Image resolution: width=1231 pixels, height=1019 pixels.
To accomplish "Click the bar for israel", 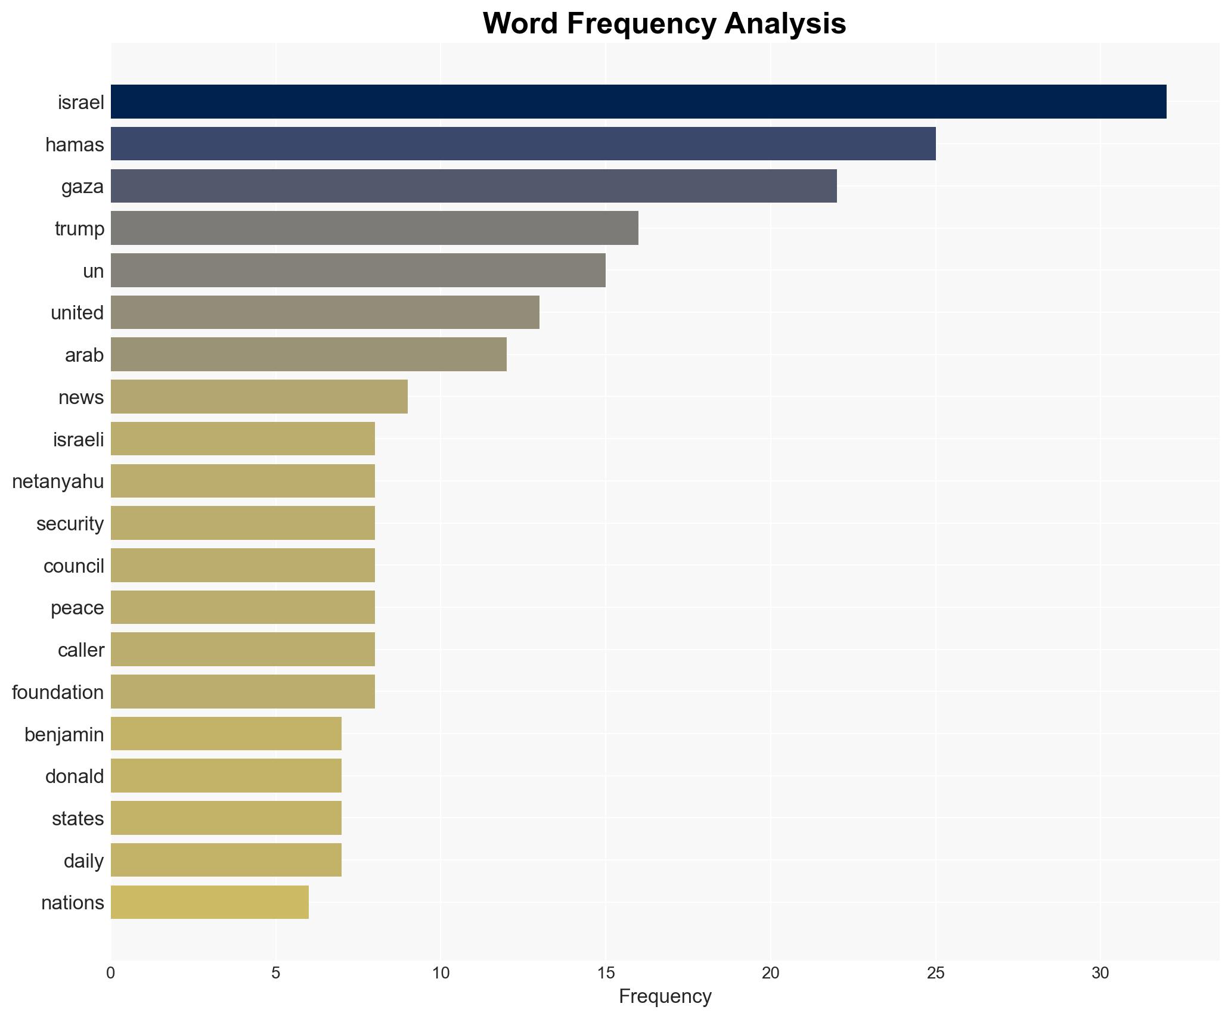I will (x=638, y=102).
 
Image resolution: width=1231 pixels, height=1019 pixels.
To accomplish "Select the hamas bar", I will (x=523, y=144).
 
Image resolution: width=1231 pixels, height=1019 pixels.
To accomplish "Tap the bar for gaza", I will (x=473, y=187).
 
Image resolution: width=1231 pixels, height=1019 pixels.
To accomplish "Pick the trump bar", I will (x=374, y=228).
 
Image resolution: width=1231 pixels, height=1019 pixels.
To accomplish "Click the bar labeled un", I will (x=358, y=271).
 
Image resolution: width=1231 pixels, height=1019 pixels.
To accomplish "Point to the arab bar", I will (x=308, y=355).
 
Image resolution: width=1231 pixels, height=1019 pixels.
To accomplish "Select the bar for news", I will (x=259, y=397).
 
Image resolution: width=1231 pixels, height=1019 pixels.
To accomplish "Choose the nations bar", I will (x=209, y=902).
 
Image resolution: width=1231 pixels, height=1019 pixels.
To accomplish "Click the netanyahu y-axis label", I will (x=58, y=481).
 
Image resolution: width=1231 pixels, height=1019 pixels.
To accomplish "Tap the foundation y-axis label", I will (x=58, y=692).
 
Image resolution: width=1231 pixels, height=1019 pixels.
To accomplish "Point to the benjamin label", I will (x=64, y=735).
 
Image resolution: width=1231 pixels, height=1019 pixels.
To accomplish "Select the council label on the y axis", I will (x=73, y=566).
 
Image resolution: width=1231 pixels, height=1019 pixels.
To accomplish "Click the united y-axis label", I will (x=77, y=313).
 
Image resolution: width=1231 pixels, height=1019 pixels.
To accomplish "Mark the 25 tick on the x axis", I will (x=935, y=973).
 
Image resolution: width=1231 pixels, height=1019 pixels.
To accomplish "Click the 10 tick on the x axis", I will (x=441, y=973).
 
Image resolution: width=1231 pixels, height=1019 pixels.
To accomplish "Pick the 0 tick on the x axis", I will (x=111, y=973).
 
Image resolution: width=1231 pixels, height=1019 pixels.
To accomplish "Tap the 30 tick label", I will (x=1100, y=973).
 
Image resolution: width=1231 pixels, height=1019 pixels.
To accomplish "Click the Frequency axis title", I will (x=665, y=996).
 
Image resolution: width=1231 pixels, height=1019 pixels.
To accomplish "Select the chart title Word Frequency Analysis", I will (x=664, y=24).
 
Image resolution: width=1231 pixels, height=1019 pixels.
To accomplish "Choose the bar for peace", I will (x=243, y=607).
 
